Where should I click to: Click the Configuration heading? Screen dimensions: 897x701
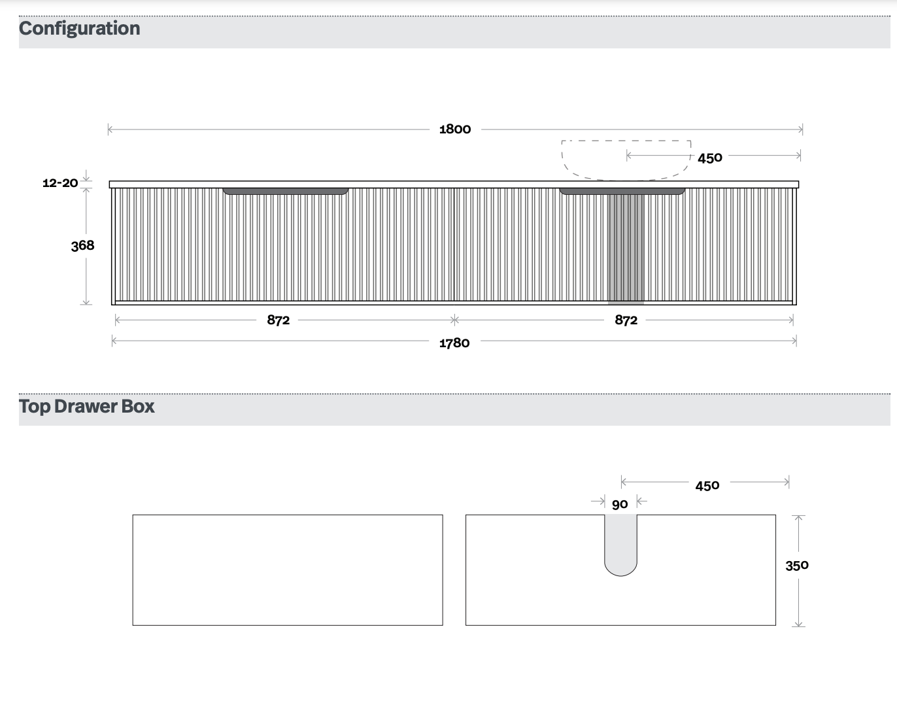click(x=79, y=29)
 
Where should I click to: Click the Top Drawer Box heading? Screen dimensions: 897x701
click(x=87, y=406)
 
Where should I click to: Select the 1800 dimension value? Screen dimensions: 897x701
click(x=455, y=129)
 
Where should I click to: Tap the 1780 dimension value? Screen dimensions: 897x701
click(x=454, y=343)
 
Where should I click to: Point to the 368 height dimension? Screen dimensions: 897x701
click(x=82, y=246)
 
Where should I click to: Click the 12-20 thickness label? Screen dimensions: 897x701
click(x=60, y=183)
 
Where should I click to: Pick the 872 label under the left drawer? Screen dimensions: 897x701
click(x=279, y=320)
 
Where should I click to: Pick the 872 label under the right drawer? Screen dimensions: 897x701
click(x=626, y=320)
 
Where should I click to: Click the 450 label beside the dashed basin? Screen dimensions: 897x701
click(x=710, y=158)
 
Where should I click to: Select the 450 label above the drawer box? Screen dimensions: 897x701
click(x=707, y=485)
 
